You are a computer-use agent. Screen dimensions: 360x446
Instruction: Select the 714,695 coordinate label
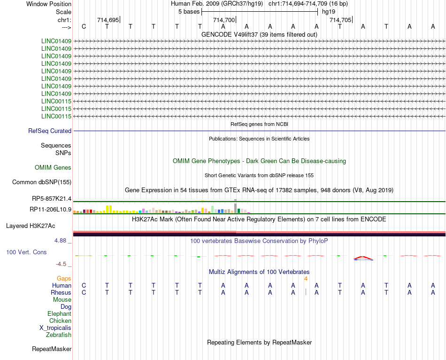pos(108,20)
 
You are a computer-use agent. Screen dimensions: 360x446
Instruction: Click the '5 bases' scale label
pos(189,11)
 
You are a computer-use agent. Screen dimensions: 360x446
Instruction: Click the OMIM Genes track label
pos(53,168)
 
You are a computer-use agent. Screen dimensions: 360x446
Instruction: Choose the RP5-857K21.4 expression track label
pos(52,199)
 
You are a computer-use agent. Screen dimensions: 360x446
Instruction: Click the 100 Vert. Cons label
pos(26,252)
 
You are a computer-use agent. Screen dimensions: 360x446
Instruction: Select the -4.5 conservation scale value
pos(62,264)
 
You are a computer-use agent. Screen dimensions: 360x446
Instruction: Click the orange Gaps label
pos(64,279)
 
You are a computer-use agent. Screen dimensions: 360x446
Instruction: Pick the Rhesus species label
pos(61,293)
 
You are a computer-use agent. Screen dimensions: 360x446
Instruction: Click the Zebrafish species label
pos(59,335)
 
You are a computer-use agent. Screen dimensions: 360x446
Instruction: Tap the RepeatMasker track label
pos(52,349)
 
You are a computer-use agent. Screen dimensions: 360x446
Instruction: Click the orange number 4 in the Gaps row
pos(306,279)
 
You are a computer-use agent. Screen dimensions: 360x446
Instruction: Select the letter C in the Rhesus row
pos(84,293)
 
